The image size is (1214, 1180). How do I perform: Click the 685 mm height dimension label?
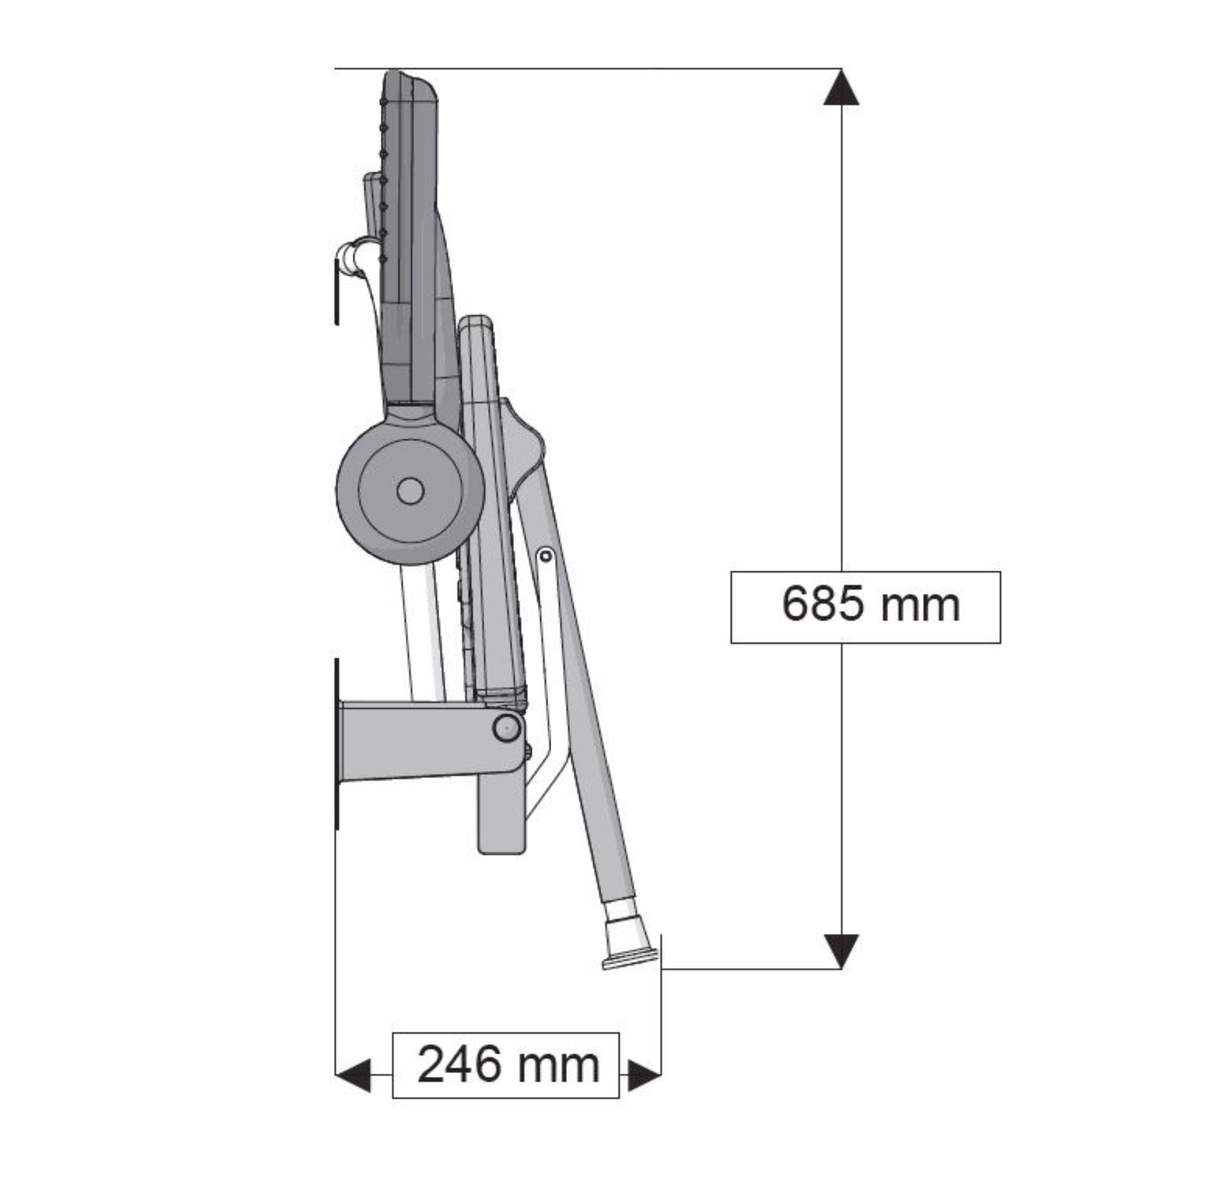[865, 606]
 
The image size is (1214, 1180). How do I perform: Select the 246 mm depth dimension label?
[506, 1064]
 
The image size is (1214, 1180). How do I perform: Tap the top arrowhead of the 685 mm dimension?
[841, 87]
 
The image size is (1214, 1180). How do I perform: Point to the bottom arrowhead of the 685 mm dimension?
[841, 951]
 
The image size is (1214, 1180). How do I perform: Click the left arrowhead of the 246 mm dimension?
[351, 1076]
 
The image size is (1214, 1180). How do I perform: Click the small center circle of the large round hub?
[409, 491]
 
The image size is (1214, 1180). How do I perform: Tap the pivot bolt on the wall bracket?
[506, 728]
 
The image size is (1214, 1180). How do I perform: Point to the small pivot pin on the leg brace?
[545, 555]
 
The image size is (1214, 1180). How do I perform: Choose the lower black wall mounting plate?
[337, 745]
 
